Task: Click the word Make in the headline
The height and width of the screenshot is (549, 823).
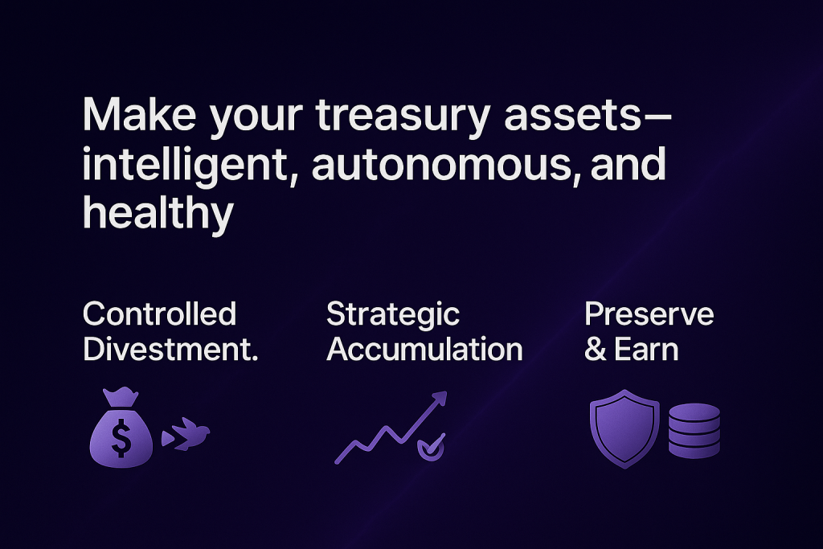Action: point(139,114)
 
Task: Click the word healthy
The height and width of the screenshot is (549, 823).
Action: point(158,214)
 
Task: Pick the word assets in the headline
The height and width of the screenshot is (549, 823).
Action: point(572,115)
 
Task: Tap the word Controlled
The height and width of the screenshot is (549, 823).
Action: point(160,313)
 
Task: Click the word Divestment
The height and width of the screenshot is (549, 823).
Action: point(170,349)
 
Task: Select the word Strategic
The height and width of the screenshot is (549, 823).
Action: point(393,315)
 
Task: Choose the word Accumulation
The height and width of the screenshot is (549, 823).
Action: point(424,349)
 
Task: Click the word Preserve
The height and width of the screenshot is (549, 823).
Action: point(649,313)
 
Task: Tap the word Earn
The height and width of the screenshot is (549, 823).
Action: point(646,350)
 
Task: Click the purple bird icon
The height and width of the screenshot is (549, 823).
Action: point(186,434)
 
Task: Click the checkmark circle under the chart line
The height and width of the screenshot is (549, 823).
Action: point(431,448)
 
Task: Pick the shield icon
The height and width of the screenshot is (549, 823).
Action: point(624,428)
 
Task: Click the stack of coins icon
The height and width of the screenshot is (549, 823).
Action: point(694,430)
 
